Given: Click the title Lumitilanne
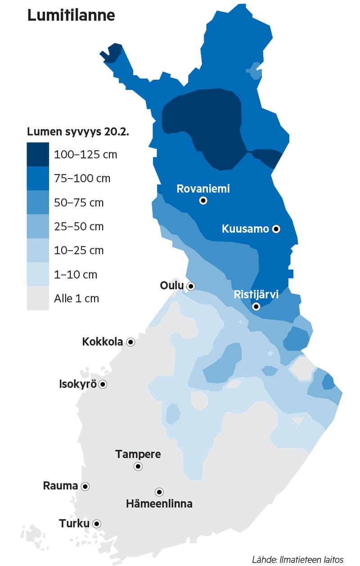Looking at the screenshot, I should (71, 15).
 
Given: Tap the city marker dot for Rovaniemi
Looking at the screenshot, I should (203, 201).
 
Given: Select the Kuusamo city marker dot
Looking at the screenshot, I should (276, 229).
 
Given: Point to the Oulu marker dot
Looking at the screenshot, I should (191, 286).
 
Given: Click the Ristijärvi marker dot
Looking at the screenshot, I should (256, 307).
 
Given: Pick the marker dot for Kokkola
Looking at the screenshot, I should (130, 342).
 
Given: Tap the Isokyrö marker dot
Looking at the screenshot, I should (103, 384).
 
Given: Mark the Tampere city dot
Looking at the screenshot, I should (138, 467).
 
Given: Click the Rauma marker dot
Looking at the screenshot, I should (85, 486).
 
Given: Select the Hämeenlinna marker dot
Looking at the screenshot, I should (159, 492).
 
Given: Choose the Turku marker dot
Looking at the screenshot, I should (96, 524).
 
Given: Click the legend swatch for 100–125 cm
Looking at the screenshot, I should (38, 154).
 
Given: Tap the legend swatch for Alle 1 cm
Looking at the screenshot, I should (38, 298).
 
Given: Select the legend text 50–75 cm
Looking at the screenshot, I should (79, 202).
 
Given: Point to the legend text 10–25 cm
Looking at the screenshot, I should (79, 251).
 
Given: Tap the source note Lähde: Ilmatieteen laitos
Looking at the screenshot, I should (297, 560).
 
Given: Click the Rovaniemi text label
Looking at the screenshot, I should (203, 189).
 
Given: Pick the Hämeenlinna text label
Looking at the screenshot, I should (159, 503).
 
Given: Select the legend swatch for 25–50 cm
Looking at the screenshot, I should (38, 226).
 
